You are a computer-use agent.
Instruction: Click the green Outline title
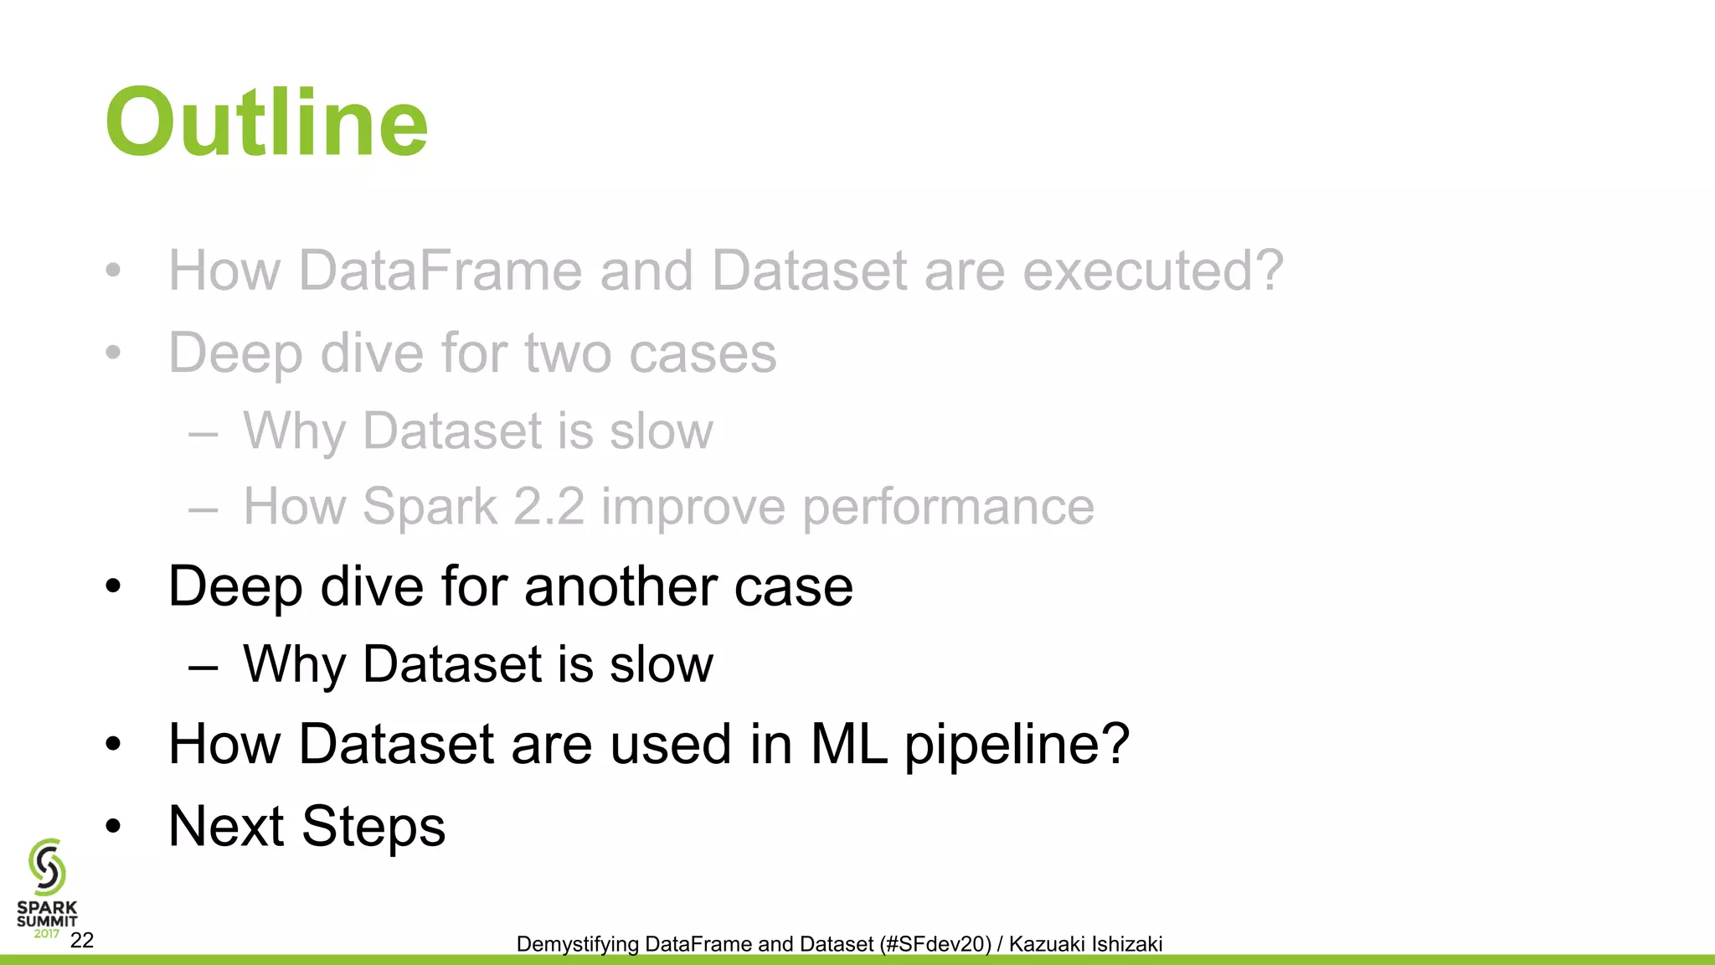(x=266, y=123)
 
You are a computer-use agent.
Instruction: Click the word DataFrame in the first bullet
(x=440, y=271)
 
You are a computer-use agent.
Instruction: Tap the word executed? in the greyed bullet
(x=1153, y=271)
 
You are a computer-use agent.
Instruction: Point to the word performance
(x=948, y=507)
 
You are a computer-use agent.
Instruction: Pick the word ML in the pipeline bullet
(x=848, y=744)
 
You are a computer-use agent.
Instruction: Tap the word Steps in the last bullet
(x=373, y=826)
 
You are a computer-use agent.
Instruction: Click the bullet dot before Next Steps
(x=114, y=827)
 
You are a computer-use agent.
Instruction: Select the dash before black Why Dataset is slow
(x=203, y=668)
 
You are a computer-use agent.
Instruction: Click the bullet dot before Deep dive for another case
(x=114, y=586)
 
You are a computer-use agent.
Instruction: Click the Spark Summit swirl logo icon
(x=47, y=867)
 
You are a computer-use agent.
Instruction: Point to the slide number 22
(x=82, y=940)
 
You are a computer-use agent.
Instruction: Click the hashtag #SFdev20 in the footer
(x=938, y=944)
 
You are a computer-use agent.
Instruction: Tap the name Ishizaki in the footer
(x=1126, y=944)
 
